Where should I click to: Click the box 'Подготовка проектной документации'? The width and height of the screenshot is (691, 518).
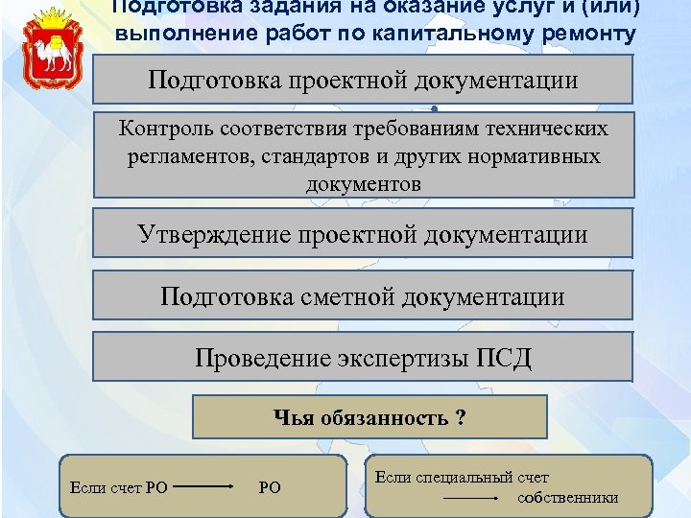tap(363, 79)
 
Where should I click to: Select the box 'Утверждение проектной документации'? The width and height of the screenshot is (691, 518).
tap(363, 234)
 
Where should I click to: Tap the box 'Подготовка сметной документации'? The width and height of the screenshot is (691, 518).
tap(363, 295)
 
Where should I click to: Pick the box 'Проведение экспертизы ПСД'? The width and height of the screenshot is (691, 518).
tap(363, 358)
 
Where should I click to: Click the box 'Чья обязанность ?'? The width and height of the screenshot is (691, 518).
tap(370, 417)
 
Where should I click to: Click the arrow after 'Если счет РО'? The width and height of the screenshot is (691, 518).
tap(205, 487)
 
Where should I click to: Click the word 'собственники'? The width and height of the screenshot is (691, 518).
tap(568, 498)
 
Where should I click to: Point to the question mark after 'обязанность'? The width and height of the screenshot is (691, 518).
tap(462, 417)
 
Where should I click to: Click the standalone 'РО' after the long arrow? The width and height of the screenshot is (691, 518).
tap(270, 487)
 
